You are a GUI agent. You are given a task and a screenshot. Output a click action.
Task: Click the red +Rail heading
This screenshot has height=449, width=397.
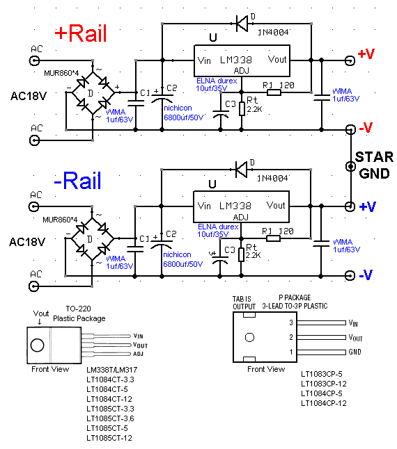click(81, 33)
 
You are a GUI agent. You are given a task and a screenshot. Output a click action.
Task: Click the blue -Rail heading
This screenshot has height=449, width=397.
click(77, 181)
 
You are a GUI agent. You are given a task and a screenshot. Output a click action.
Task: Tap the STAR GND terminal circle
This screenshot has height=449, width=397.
click(350, 166)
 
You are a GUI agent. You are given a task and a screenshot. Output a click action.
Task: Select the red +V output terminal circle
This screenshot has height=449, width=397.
click(350, 60)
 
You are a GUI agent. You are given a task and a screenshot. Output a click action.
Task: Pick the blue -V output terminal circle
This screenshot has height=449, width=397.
click(350, 275)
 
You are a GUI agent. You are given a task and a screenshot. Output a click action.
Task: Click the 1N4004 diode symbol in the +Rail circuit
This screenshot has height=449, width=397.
click(242, 23)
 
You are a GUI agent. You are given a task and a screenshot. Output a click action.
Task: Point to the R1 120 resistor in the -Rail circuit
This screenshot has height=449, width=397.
click(273, 238)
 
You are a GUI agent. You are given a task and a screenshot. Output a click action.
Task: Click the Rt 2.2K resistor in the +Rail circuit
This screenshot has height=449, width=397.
click(242, 109)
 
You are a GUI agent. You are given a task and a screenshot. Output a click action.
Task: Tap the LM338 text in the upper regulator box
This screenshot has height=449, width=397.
click(236, 60)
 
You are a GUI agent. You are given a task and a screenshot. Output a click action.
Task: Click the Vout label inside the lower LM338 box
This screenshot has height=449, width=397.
click(276, 205)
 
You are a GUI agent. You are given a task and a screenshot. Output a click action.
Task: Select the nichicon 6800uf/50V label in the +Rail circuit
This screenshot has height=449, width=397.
click(183, 113)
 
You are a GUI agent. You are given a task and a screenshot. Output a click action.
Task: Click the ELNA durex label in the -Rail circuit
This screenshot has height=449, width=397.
click(218, 227)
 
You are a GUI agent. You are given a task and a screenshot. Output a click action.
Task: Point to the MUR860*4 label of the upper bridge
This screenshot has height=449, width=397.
click(61, 73)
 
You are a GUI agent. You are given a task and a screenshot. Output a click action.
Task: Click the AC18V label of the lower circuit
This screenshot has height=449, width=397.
click(27, 243)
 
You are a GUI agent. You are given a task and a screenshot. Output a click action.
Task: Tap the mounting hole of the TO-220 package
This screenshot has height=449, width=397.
click(38, 345)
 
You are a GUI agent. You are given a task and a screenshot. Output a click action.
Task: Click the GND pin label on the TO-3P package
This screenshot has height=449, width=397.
click(355, 352)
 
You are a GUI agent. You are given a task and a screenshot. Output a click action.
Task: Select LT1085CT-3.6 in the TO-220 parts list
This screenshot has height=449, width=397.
click(110, 418)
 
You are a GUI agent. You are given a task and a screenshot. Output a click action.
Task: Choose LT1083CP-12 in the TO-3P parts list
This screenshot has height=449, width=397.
click(324, 384)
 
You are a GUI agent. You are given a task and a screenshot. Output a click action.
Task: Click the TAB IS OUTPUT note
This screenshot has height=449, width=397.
click(244, 303)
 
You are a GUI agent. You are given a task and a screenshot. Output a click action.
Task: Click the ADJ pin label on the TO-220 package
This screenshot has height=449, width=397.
click(138, 354)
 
